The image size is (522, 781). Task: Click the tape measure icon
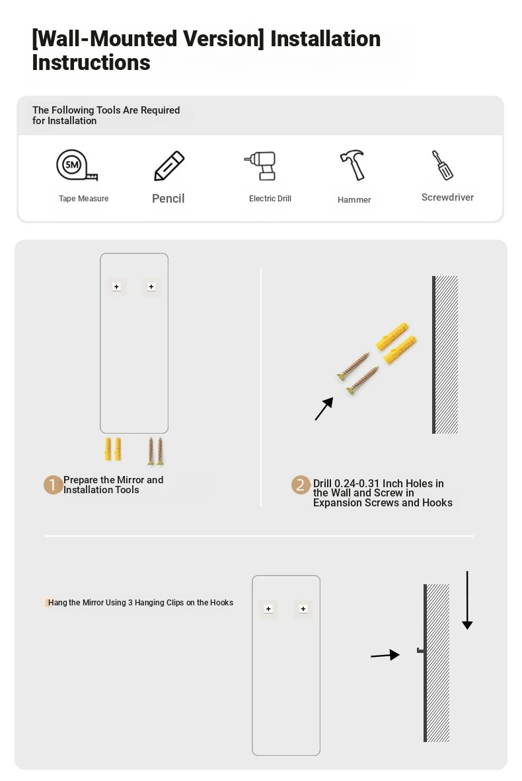[76, 165]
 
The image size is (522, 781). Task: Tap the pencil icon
[169, 166]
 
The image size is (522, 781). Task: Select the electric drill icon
[261, 166]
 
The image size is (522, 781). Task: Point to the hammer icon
[353, 165]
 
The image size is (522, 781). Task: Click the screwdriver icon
[442, 165]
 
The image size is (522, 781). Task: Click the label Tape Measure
[84, 198]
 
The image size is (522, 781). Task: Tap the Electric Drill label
[270, 198]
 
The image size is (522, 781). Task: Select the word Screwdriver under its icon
[448, 197]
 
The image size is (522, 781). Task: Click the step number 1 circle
[53, 485]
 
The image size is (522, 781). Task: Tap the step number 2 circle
[301, 485]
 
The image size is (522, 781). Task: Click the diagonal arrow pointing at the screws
[324, 409]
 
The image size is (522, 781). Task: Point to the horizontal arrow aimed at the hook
[385, 656]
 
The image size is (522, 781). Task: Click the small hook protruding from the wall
[420, 650]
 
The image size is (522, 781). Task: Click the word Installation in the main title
[326, 39]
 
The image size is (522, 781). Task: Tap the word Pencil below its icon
[168, 199]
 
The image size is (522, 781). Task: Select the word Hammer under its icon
[354, 200]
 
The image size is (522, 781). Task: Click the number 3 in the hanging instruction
[130, 603]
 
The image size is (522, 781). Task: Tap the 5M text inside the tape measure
[72, 165]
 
